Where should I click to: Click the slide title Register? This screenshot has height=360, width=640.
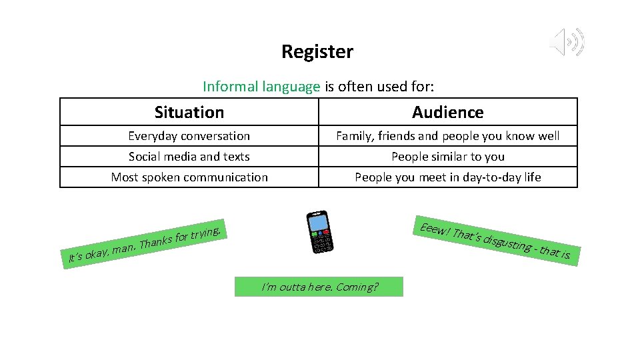[317, 51]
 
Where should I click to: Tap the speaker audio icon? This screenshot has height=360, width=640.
[567, 43]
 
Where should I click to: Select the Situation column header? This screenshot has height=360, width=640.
[189, 112]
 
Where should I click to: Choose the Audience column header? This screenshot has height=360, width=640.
[448, 112]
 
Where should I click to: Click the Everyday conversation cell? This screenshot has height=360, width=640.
[189, 136]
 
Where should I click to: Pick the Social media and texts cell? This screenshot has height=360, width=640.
[189, 157]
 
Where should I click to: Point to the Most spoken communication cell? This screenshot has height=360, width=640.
[189, 177]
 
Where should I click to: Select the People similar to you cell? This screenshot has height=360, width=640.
[448, 157]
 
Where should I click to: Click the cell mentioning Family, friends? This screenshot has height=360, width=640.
[448, 136]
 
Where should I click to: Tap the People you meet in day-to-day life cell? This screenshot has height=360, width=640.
[448, 177]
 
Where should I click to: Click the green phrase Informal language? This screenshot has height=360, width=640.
[261, 87]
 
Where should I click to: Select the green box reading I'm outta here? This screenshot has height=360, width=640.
[319, 287]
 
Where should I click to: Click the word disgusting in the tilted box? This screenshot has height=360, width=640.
[507, 243]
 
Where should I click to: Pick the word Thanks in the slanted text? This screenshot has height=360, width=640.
[155, 241]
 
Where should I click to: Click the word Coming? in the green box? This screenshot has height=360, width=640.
[357, 287]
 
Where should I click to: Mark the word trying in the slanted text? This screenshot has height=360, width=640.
[206, 233]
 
